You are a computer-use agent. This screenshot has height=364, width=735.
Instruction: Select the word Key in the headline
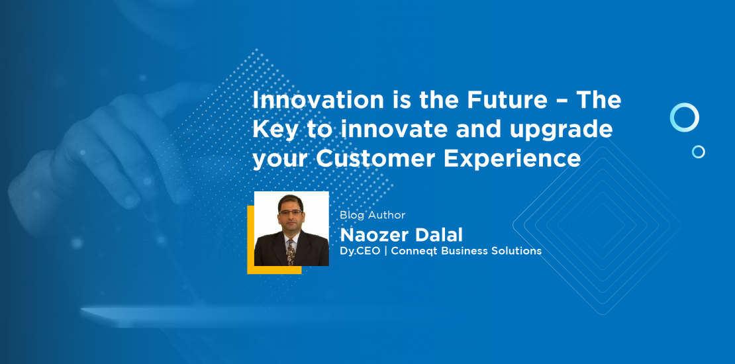(275, 130)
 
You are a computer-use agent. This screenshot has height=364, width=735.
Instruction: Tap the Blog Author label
(373, 215)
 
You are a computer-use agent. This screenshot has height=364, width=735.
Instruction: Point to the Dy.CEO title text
(360, 251)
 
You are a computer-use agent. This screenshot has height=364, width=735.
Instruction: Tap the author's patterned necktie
(291, 251)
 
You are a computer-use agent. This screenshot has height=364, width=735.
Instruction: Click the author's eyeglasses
(291, 212)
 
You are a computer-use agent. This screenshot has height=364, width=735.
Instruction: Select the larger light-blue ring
(685, 104)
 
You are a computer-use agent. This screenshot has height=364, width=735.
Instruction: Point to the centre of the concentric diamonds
(597, 226)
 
